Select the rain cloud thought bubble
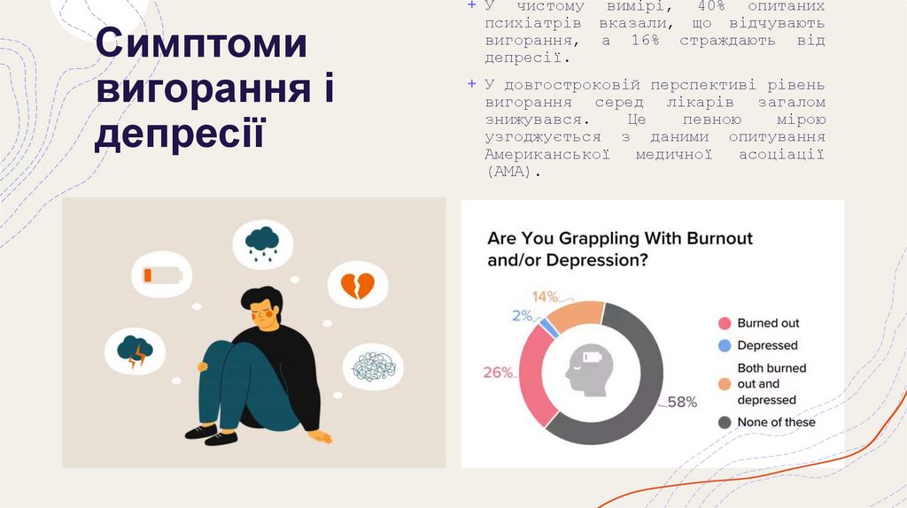click(x=262, y=241)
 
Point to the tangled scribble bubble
click(x=373, y=366)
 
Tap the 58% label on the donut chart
click(x=682, y=402)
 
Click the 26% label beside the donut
click(x=498, y=373)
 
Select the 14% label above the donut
click(x=545, y=296)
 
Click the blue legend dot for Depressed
click(x=724, y=346)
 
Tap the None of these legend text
click(x=776, y=422)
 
